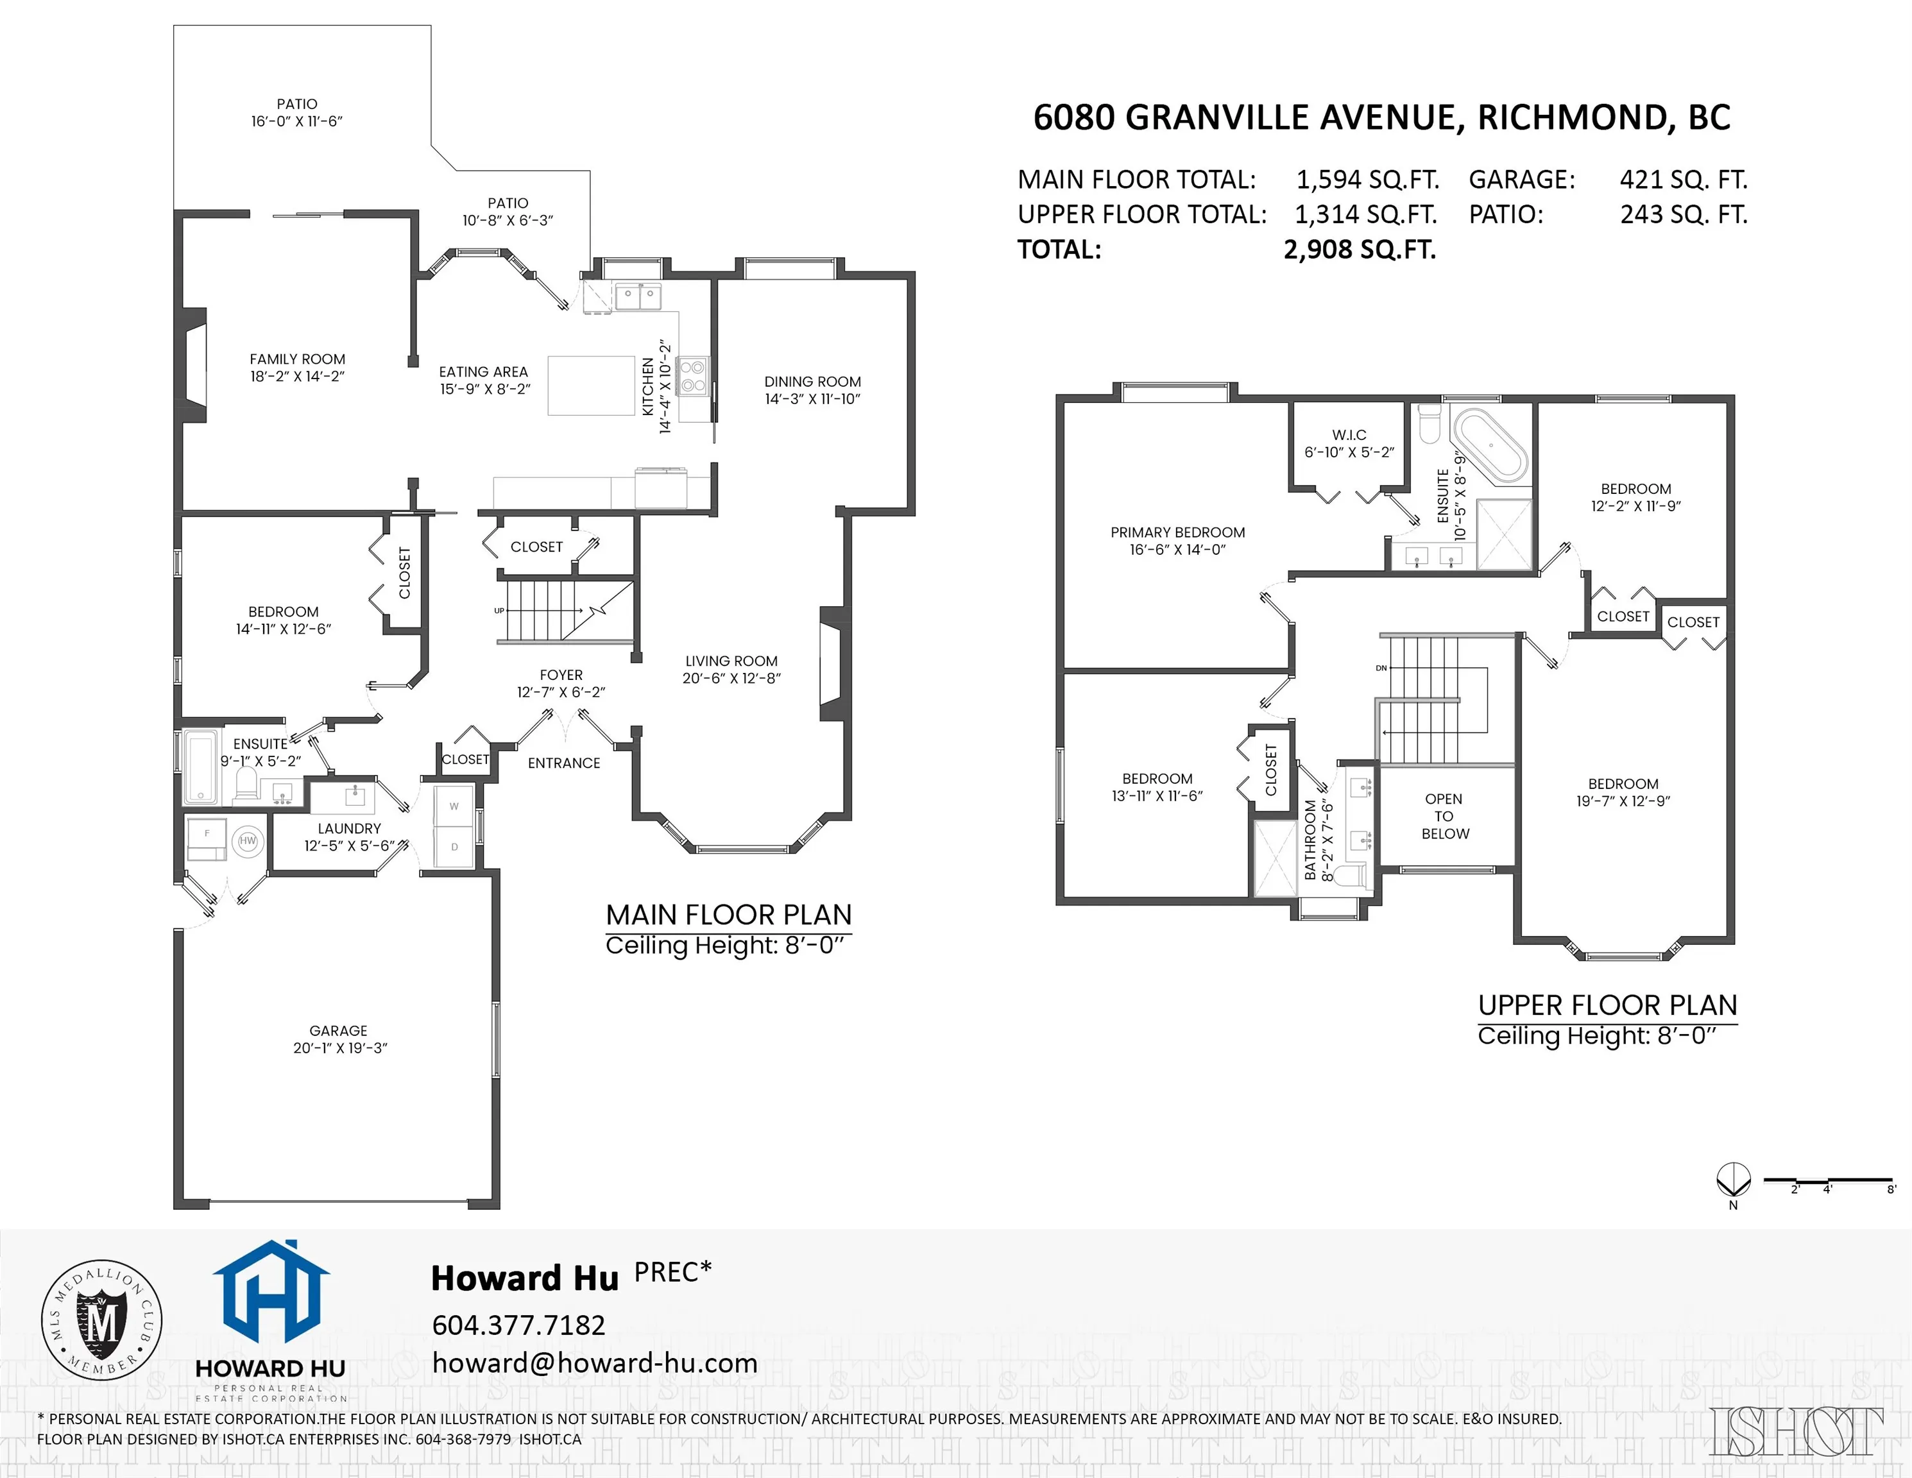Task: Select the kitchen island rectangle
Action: [x=591, y=385]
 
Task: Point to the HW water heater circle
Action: [x=248, y=841]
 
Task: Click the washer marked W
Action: [x=454, y=806]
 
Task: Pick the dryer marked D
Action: [x=454, y=847]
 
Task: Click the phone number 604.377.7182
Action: [x=518, y=1325]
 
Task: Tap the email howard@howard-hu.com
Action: [x=594, y=1363]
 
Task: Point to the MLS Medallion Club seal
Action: [x=103, y=1320]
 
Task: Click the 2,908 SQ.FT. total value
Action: [x=1360, y=250]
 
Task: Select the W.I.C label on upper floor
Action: [x=1349, y=435]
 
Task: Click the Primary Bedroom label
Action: [x=1177, y=532]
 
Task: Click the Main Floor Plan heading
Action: [x=728, y=915]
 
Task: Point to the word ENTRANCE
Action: [x=564, y=763]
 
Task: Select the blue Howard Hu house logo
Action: [x=271, y=1291]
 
